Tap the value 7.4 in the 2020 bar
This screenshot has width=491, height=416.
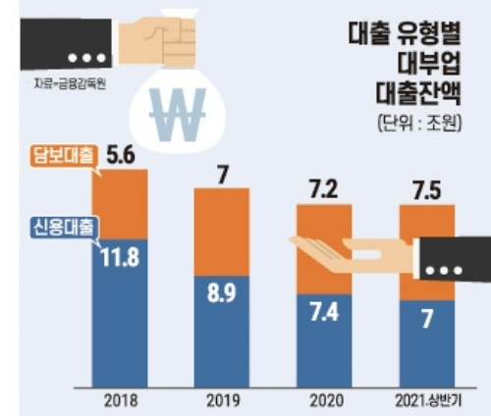point(325,314)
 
